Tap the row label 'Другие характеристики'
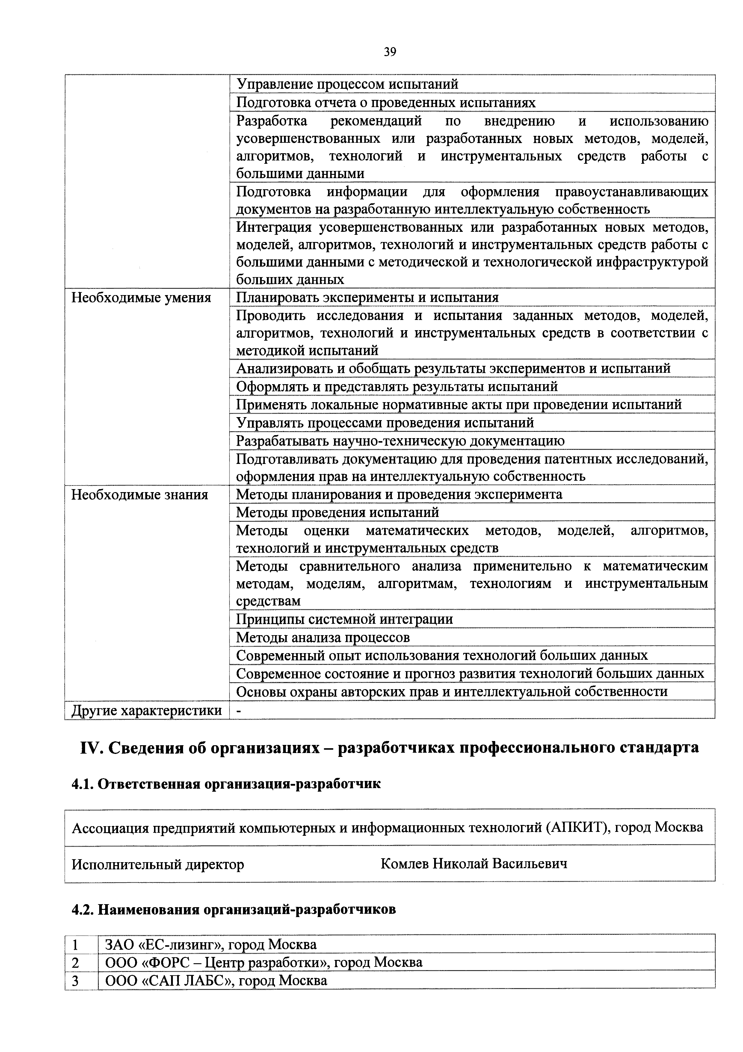coord(147,711)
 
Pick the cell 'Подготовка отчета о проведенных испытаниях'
coord(386,103)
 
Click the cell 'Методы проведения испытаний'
coord(337,512)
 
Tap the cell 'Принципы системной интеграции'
coord(344,620)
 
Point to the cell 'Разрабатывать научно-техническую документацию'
coord(400,441)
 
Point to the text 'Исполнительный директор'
coord(158,865)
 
